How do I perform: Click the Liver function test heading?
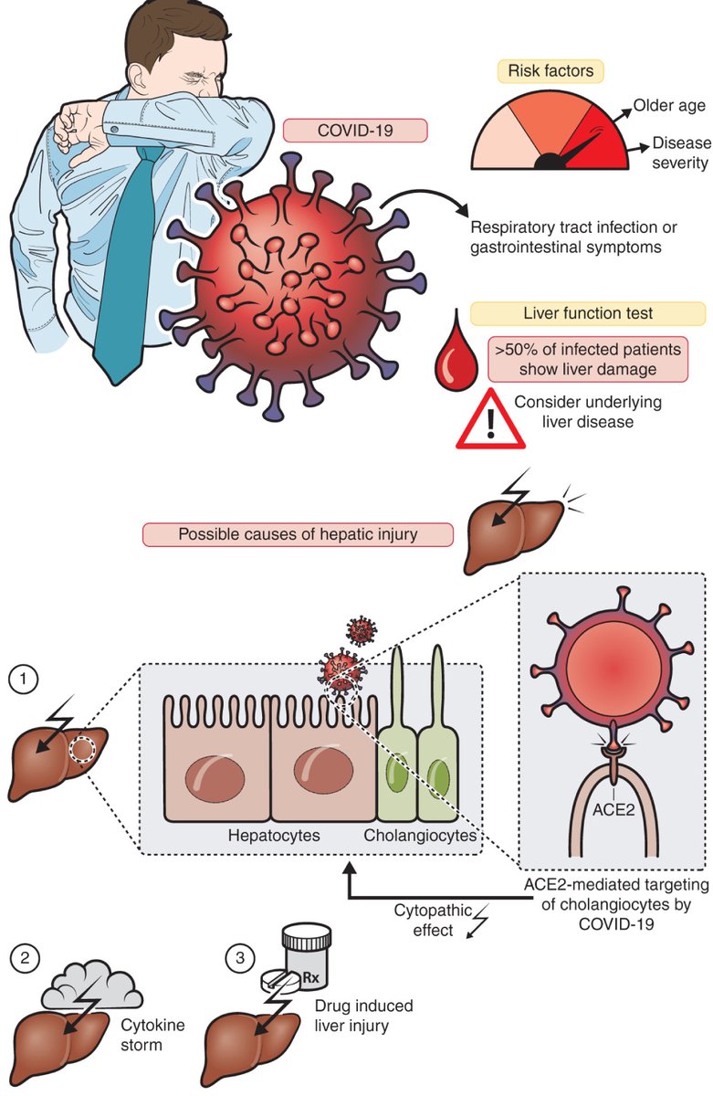[587, 313]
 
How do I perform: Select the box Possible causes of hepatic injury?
[298, 534]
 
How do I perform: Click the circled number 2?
[23, 958]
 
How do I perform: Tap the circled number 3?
[239, 958]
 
